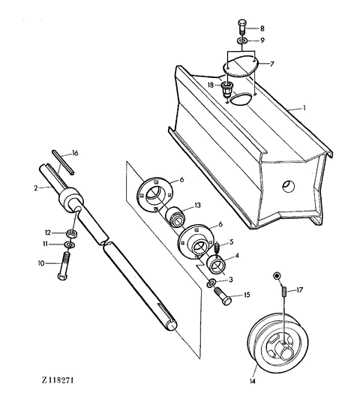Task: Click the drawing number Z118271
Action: click(x=58, y=380)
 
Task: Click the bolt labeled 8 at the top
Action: click(x=241, y=26)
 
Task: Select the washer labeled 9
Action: click(x=242, y=40)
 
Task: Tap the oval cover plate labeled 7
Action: click(x=241, y=67)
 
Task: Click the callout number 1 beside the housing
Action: click(x=304, y=107)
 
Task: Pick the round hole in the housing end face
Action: click(x=289, y=186)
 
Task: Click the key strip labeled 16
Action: click(x=63, y=162)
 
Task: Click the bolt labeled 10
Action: click(x=63, y=266)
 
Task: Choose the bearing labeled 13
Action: click(x=175, y=217)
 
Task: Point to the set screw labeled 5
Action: click(x=217, y=248)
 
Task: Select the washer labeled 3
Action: click(x=211, y=283)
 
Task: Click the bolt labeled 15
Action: click(x=223, y=297)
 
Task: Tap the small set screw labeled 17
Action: click(x=283, y=291)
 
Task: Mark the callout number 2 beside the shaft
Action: click(x=36, y=188)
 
